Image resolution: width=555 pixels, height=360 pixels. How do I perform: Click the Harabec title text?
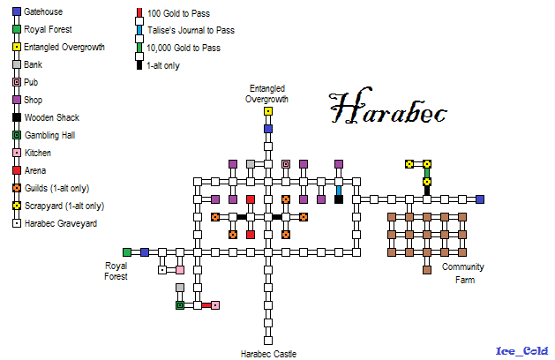[x=388, y=109]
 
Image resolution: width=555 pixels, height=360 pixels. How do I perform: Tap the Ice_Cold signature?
[x=521, y=350]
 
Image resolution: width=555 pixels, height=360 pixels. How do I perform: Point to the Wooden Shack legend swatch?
[x=17, y=117]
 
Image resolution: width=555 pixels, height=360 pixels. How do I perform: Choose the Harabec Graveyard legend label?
[x=61, y=223]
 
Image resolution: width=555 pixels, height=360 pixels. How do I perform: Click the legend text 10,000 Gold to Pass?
[x=184, y=47]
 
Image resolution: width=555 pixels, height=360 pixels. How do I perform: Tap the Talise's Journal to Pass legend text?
[x=191, y=29]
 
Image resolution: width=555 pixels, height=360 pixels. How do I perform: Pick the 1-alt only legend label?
[x=167, y=64]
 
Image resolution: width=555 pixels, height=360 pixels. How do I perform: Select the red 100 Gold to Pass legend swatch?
[x=140, y=12]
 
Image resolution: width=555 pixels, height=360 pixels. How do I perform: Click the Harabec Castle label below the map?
[x=268, y=354]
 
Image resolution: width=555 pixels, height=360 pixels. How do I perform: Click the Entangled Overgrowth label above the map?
[x=267, y=94]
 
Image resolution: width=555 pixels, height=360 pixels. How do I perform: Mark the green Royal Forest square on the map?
[x=127, y=252]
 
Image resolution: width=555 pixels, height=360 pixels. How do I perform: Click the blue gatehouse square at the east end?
[x=480, y=199]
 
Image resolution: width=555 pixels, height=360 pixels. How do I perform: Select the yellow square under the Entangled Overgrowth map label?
[x=268, y=111]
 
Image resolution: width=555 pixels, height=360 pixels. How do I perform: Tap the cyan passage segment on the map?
[x=339, y=189]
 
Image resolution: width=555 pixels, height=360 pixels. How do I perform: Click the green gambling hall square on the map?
[x=180, y=305]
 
